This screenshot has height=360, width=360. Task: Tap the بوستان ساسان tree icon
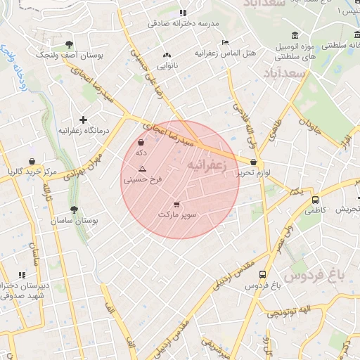point(74,210)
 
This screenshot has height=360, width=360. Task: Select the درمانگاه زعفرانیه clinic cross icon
point(84,120)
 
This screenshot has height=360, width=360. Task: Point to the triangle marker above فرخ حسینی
point(142,169)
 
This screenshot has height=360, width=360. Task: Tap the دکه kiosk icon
point(141,143)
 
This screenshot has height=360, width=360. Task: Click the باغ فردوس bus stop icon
point(262,275)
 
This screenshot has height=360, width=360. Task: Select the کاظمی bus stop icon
point(314,199)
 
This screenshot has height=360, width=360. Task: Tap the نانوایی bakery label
point(167,65)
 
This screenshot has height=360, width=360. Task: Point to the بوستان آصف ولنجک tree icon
point(68,44)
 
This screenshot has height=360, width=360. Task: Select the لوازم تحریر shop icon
point(253,162)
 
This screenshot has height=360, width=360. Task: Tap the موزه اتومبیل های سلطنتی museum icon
point(294,36)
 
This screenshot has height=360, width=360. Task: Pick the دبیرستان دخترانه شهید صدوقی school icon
point(22,275)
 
